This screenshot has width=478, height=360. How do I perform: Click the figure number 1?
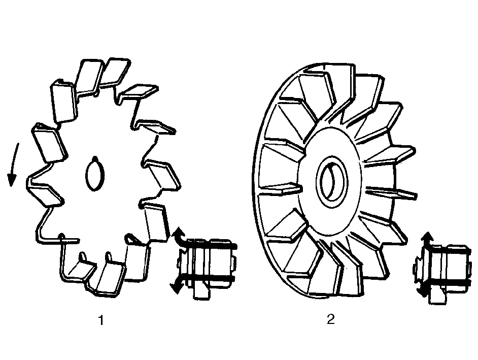[101, 320]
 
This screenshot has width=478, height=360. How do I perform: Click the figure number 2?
[331, 319]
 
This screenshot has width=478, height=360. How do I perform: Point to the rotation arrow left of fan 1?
[13, 165]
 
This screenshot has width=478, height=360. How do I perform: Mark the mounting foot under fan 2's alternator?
[437, 296]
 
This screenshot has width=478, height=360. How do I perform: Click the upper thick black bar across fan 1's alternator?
[211, 246]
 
